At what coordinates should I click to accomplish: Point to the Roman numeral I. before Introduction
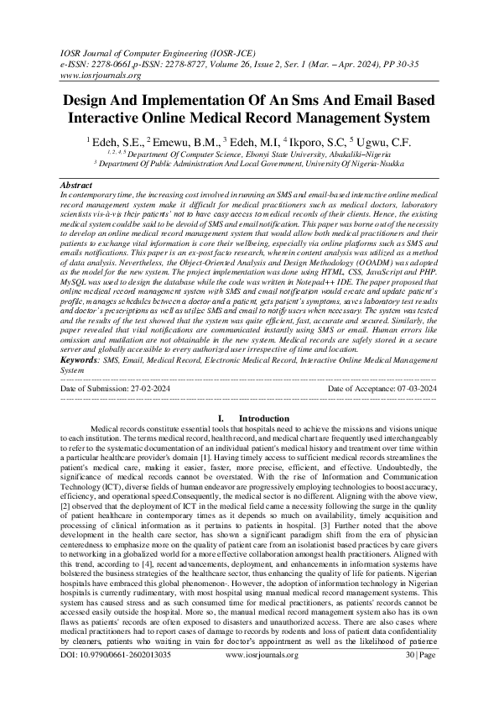click(x=220, y=417)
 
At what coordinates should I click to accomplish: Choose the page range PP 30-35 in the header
click(x=419, y=62)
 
